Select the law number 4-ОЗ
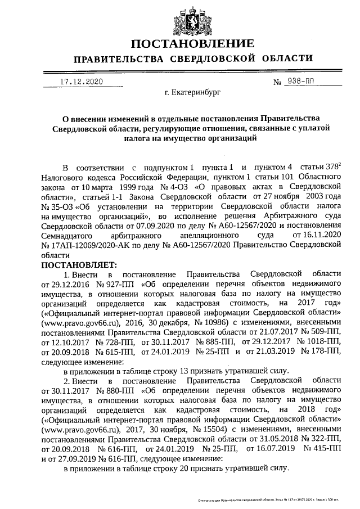click(177, 184)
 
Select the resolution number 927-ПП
click(109, 284)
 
